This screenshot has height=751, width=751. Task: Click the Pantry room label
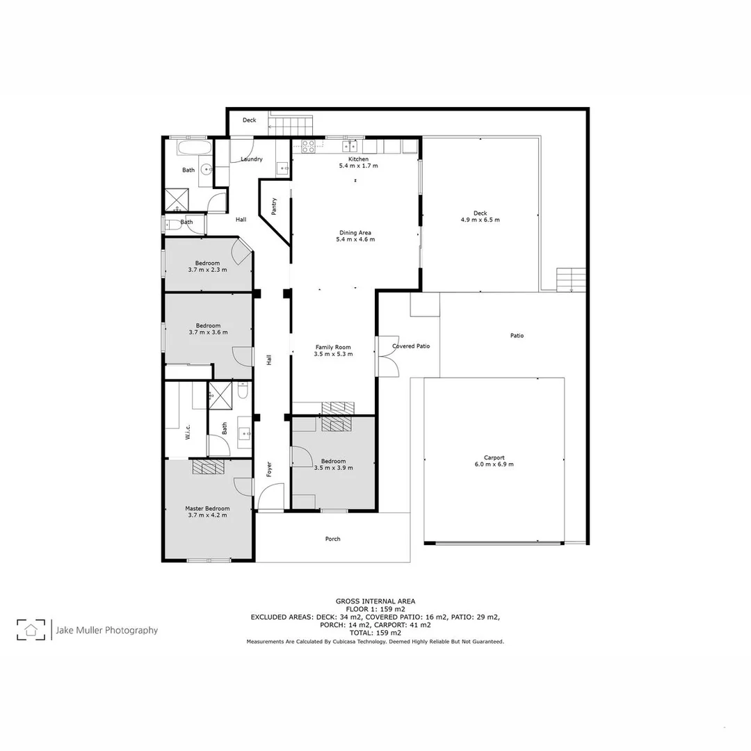pos(275,207)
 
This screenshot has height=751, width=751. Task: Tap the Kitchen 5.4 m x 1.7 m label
pos(358,163)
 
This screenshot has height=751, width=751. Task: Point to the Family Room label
pos(333,350)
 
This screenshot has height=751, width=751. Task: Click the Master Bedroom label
pos(207,512)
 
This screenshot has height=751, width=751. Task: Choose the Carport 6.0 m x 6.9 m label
pos(494,461)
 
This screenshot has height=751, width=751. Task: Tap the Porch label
pos(333,539)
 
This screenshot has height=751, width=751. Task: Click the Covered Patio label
pos(411,346)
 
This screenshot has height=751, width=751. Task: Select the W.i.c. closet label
pos(188,433)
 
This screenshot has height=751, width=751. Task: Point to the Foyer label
pos(269,469)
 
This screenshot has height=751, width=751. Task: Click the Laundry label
pos(251,159)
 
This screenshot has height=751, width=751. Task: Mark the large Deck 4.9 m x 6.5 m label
pos(480,216)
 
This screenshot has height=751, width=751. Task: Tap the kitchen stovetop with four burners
pos(308,146)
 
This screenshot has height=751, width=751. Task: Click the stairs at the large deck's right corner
pos(572,280)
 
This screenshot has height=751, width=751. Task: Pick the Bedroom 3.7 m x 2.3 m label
pos(207,266)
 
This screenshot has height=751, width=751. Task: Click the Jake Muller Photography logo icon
pos(31,630)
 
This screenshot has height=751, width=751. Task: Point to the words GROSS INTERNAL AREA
pos(375,601)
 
